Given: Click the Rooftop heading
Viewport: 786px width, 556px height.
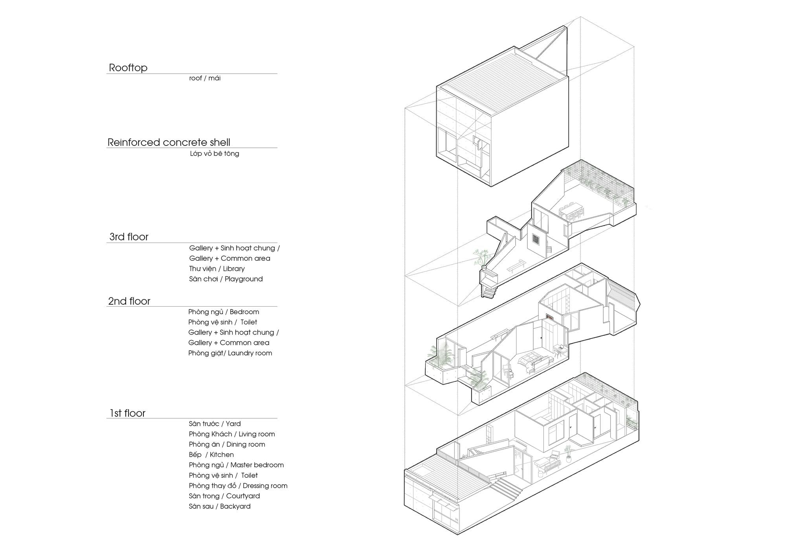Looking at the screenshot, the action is [x=128, y=68].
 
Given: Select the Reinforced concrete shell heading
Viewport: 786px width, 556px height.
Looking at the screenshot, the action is [x=169, y=142].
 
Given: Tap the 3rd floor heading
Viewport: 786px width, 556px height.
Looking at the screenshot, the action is [x=129, y=237].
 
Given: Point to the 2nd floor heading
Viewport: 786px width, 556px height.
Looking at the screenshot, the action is [x=129, y=301].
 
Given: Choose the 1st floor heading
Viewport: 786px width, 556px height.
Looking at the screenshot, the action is [x=127, y=413].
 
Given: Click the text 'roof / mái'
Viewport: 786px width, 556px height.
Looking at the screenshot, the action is [x=205, y=78].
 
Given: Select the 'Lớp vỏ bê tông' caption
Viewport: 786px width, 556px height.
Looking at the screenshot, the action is [x=215, y=154].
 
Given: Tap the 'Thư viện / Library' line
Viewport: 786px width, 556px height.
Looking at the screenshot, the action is [x=217, y=269].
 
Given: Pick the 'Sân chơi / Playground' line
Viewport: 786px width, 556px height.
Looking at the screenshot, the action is [x=226, y=279].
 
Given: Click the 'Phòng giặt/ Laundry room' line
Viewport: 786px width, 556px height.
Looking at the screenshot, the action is [x=230, y=353].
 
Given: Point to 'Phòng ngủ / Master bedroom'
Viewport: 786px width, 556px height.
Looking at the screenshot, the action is [x=236, y=465].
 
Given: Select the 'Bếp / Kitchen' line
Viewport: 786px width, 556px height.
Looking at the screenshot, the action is [x=211, y=455].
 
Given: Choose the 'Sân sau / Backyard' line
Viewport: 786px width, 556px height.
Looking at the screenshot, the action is [x=220, y=506].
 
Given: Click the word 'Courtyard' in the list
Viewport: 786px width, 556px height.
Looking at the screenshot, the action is [x=243, y=496].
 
